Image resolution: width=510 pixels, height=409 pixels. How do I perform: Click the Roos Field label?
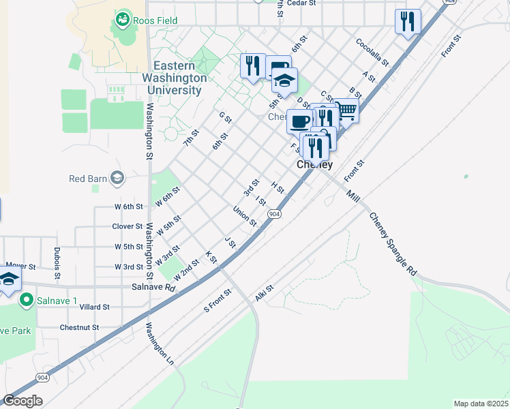pyautogui.click(x=155, y=20)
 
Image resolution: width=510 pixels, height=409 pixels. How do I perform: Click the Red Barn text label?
pyautogui.click(x=88, y=179)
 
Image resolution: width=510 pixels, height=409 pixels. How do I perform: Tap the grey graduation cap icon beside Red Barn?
pyautogui.click(x=117, y=179)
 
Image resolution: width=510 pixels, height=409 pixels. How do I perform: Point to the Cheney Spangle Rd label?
pyautogui.click(x=392, y=243)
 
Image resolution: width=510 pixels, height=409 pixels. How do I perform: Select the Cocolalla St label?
pyautogui.click(x=372, y=52)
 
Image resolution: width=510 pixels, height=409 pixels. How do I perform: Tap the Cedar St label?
pyautogui.click(x=301, y=3)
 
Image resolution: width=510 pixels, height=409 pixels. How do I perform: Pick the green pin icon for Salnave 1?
pyautogui.click(x=27, y=299)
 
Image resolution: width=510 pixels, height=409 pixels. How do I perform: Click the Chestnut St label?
pyautogui.click(x=79, y=327)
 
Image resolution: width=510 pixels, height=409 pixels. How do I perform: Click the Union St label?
pyautogui.click(x=244, y=217)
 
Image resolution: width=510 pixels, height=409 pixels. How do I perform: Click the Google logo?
pyautogui.click(x=22, y=401)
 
